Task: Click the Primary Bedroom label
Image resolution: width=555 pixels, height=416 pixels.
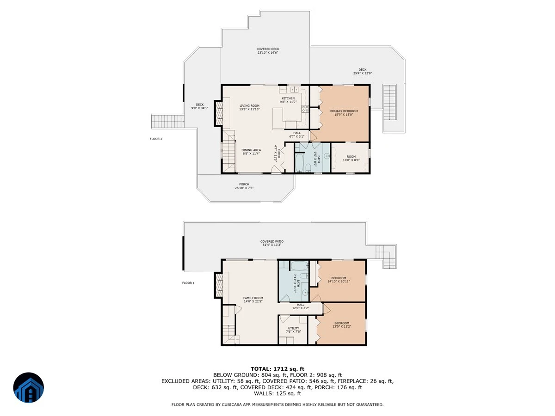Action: coord(343,113)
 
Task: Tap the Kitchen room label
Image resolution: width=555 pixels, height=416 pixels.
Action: coord(288,100)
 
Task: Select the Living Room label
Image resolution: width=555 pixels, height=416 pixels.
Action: coord(249,107)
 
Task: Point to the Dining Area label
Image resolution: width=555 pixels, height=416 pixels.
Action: coord(251,152)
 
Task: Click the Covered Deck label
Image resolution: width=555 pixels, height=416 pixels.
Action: coord(267,51)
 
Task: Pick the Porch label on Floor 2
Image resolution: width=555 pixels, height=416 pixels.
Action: coord(244,186)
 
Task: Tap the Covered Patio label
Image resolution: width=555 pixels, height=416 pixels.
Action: coord(272,243)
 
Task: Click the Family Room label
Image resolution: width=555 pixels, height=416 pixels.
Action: coord(253,300)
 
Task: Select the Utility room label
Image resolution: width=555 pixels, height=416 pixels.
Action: coord(293,330)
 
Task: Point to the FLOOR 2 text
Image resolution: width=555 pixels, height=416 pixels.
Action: coord(156,139)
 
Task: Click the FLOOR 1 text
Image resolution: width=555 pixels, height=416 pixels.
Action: coord(188,283)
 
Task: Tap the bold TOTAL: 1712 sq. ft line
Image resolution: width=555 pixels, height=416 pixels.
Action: coord(277,369)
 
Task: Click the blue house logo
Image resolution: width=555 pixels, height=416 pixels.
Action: coord(29,387)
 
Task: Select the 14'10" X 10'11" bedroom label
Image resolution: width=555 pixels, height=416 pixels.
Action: coord(339,280)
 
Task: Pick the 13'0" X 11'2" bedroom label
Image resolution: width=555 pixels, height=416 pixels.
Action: coord(342,324)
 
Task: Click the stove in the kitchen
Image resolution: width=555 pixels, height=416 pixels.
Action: coord(305,109)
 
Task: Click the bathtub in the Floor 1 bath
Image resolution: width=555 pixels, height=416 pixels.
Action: coord(299,266)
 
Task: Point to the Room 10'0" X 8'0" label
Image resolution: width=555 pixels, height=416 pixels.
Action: coord(351,158)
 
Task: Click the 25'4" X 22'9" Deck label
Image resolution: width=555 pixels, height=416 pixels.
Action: coord(362,72)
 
